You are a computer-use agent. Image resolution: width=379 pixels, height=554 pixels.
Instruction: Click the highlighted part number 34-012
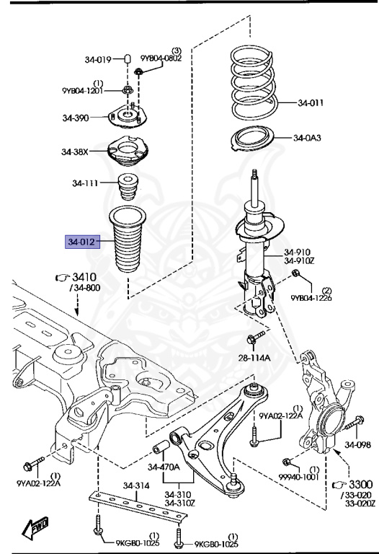[x=82, y=242]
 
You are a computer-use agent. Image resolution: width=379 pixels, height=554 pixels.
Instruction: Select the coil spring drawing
[x=254, y=84]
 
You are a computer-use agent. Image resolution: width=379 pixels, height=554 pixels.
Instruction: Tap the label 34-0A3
[x=307, y=138]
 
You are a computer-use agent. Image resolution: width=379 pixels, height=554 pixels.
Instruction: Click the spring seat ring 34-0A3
[x=253, y=138]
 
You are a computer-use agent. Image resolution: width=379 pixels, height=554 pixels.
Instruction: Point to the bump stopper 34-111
[x=128, y=187]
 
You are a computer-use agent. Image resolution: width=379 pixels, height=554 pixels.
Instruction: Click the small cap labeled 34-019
[x=128, y=58]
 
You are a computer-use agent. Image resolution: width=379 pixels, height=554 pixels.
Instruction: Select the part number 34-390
[x=76, y=118]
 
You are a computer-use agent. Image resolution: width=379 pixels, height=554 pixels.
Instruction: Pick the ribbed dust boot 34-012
[x=128, y=239]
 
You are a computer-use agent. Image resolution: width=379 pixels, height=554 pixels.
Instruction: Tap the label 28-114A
[x=254, y=358]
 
